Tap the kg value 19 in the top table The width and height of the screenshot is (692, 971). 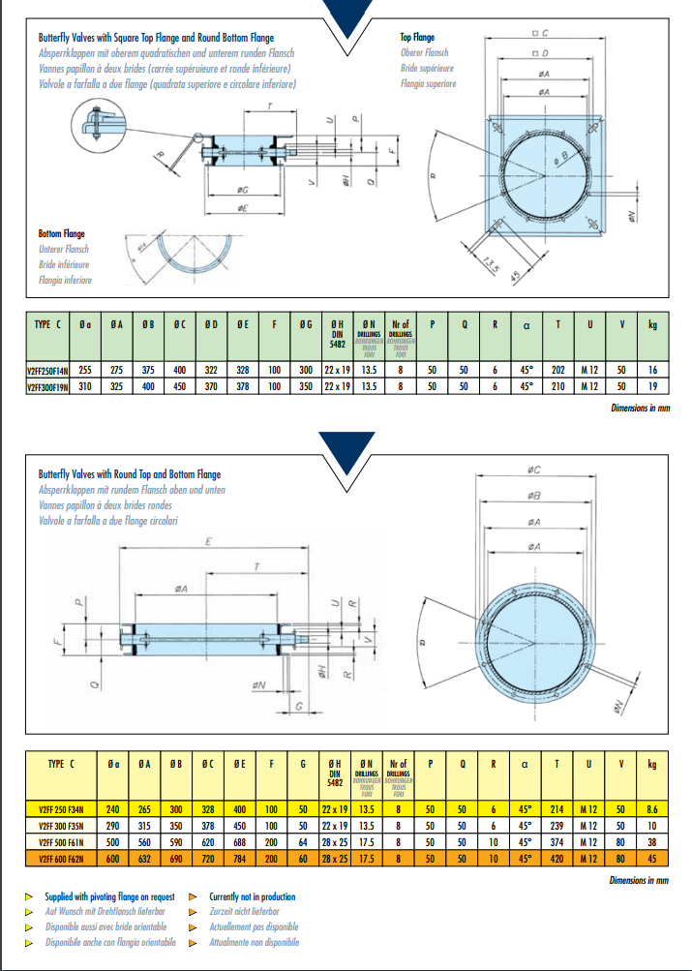pos(652,386)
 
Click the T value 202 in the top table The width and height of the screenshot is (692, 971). pos(557,370)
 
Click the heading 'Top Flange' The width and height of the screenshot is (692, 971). pos(418,38)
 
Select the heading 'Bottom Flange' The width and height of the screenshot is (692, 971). pos(61,233)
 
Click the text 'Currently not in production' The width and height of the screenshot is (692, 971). pos(253,897)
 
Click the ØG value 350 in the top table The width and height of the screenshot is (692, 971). pos(307,386)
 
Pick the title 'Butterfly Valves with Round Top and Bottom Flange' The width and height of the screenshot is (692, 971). pos(130,474)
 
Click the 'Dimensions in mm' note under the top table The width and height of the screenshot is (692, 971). pos(640,408)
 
